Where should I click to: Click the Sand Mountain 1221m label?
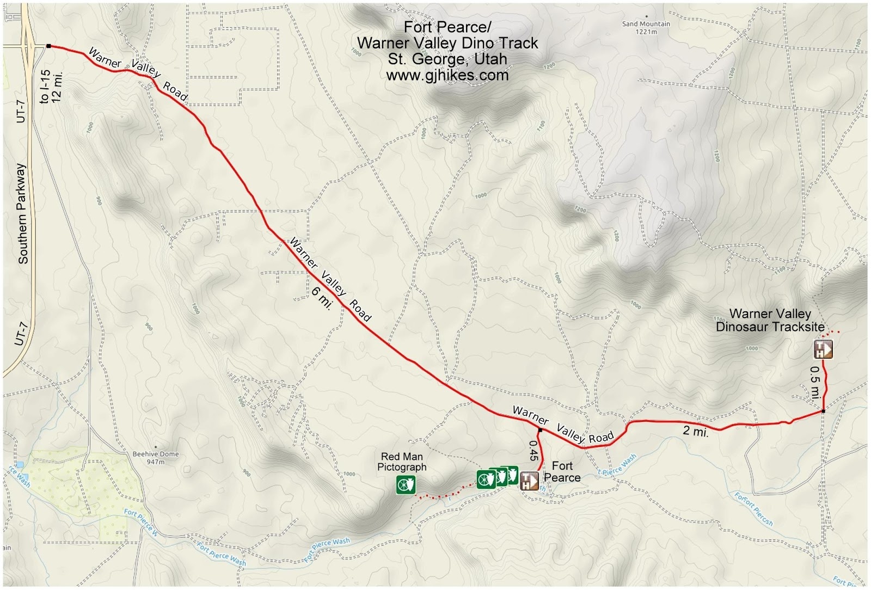(646, 27)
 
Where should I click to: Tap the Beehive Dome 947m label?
(155, 458)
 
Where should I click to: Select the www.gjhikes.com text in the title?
(447, 75)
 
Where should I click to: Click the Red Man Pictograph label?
(402, 462)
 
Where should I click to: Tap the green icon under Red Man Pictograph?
(406, 484)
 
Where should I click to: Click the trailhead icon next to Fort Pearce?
(529, 481)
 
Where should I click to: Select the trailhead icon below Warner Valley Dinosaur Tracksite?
(823, 349)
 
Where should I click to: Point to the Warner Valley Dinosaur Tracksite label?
(770, 320)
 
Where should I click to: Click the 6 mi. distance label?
(322, 298)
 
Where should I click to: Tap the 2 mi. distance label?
(695, 432)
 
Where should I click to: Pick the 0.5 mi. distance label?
(815, 383)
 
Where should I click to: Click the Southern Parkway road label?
(22, 213)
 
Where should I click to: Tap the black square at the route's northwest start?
(48, 46)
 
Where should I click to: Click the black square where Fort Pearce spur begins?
(540, 431)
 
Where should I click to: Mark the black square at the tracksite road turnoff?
(823, 411)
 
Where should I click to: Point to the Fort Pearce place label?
(562, 472)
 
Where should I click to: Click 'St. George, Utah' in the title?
(447, 59)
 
